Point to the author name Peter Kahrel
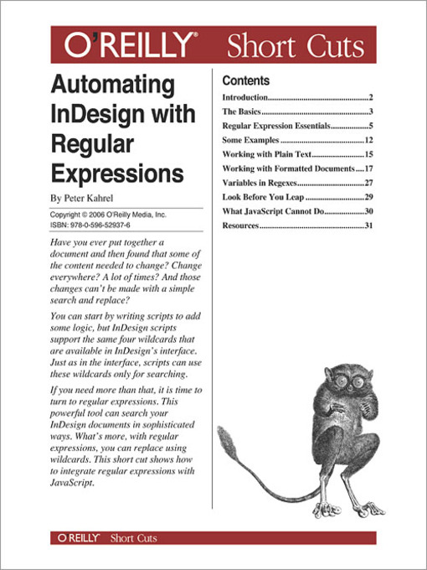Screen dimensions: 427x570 94,199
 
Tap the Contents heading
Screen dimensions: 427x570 245,81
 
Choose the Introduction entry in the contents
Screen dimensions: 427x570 244,98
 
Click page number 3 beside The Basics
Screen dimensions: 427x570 369,111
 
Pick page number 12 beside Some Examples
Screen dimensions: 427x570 368,140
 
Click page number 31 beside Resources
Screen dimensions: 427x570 368,225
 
